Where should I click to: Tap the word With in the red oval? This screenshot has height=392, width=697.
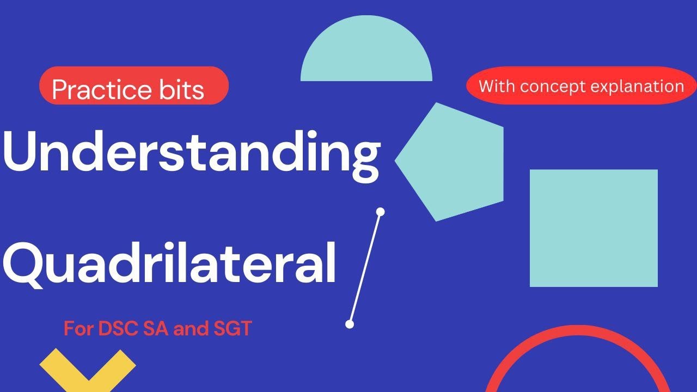(x=497, y=86)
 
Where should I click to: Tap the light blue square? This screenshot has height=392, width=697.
(x=594, y=228)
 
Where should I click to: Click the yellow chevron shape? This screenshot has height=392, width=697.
(x=88, y=370)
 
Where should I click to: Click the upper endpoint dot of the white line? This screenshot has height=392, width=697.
(x=381, y=212)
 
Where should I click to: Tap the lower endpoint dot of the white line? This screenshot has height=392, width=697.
(x=350, y=324)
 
